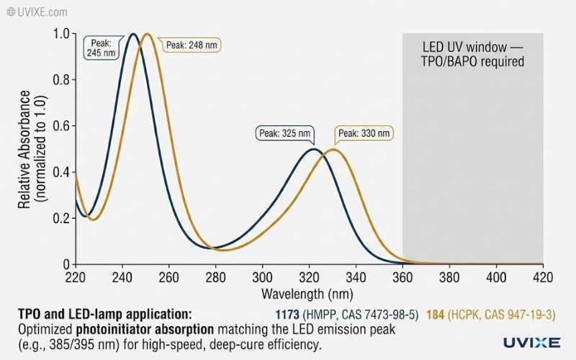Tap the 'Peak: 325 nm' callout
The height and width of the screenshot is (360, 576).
point(286,133)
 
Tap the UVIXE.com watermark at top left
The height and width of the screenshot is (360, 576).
point(37,12)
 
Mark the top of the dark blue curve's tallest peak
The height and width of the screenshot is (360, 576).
point(133,34)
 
